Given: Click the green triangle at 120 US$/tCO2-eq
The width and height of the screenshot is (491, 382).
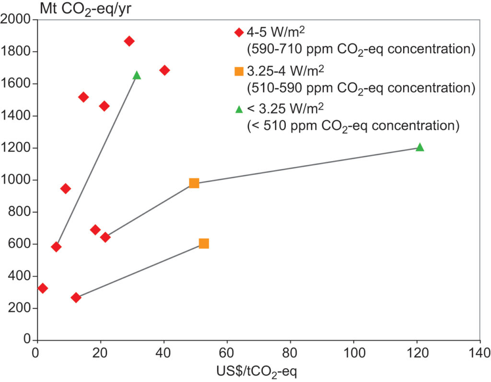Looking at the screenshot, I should pyautogui.click(x=420, y=147).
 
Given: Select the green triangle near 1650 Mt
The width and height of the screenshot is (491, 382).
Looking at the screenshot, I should pyautogui.click(x=137, y=75).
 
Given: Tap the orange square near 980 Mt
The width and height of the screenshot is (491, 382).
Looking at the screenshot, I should pyautogui.click(x=194, y=183).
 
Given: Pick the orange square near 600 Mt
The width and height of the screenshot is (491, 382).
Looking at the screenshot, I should pyautogui.click(x=204, y=243).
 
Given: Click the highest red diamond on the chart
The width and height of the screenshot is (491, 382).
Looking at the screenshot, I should pyautogui.click(x=129, y=41).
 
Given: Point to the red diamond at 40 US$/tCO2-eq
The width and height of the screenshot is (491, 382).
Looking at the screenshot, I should pyautogui.click(x=164, y=70).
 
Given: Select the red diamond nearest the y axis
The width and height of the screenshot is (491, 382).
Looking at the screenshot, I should pyautogui.click(x=43, y=288).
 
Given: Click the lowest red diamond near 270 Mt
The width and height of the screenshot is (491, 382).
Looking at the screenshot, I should pyautogui.click(x=76, y=298).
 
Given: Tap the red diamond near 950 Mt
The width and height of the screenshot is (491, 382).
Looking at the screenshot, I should pyautogui.click(x=66, y=188).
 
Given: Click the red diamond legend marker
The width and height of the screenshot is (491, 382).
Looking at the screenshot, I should pyautogui.click(x=238, y=33).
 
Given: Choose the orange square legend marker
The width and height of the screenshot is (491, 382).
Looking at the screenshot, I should pyautogui.click(x=238, y=71).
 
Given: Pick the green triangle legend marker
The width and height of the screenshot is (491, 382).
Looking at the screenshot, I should pyautogui.click(x=238, y=110).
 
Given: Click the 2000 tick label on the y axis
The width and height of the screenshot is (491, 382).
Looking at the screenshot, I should pyautogui.click(x=16, y=20).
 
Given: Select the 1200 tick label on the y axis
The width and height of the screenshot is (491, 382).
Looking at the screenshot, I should pyautogui.click(x=16, y=148).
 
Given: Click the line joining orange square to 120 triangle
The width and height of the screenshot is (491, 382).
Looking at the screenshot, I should pyautogui.click(x=307, y=165).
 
